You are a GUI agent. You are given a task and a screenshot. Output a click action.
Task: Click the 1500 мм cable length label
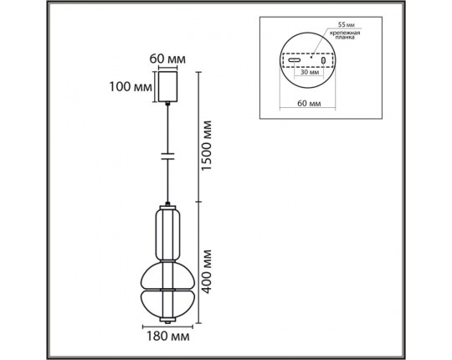(x=207, y=146)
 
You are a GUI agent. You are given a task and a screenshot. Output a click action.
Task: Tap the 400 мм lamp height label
(x=207, y=271)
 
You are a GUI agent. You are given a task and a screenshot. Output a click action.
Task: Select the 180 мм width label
(x=168, y=336)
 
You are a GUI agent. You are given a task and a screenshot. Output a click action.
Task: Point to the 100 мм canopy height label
(x=131, y=86)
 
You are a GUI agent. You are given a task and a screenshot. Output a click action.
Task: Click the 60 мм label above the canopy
(x=167, y=59)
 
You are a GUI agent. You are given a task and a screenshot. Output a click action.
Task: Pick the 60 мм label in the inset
(x=309, y=103)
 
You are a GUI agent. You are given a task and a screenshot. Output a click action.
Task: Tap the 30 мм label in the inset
(x=310, y=72)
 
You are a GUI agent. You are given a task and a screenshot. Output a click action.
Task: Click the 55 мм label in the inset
(x=347, y=25)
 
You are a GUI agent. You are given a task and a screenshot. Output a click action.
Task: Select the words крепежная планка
(x=345, y=35)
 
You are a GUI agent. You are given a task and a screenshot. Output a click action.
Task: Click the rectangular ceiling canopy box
(x=167, y=86)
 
